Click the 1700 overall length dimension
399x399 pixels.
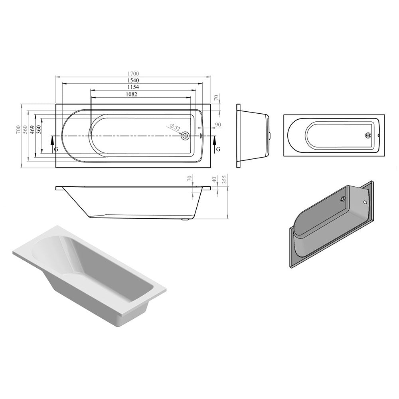coord(133,73)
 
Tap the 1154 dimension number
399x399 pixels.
coord(133,87)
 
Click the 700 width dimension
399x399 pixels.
coord(18,130)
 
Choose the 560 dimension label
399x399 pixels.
coord(25,130)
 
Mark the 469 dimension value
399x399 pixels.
coord(32,130)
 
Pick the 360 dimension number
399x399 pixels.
coord(39,130)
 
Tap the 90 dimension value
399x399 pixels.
coord(218,125)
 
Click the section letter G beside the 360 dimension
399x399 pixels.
coord(55,149)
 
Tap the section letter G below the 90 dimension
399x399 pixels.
coord(218,149)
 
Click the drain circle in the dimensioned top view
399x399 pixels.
coord(185,136)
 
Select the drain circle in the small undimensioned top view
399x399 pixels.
coord(368,135)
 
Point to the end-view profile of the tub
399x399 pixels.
coord(253,136)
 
